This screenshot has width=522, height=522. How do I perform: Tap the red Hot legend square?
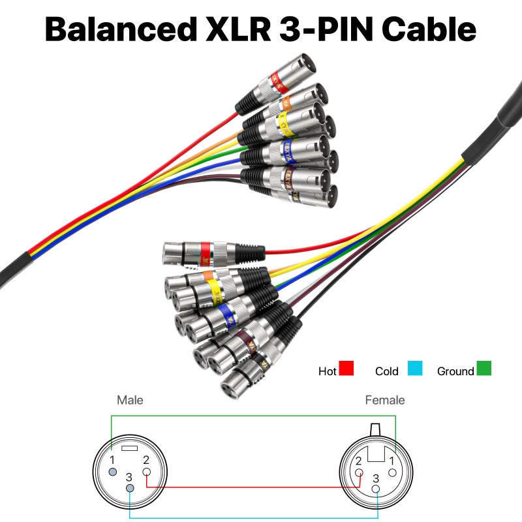(346, 369)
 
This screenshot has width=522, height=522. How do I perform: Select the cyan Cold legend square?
(416, 369)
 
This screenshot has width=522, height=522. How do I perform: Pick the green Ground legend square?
(484, 369)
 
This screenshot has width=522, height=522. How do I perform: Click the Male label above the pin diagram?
(130, 400)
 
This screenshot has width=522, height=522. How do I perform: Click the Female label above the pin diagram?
(385, 400)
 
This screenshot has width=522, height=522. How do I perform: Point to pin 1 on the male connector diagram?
(114, 472)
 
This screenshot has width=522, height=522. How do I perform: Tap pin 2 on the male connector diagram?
(146, 472)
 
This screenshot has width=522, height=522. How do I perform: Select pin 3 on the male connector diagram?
(130, 489)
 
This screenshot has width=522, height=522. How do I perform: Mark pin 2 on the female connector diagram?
(359, 472)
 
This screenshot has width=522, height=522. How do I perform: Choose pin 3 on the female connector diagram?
(376, 489)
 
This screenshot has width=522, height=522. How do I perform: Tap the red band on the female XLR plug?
(205, 251)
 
